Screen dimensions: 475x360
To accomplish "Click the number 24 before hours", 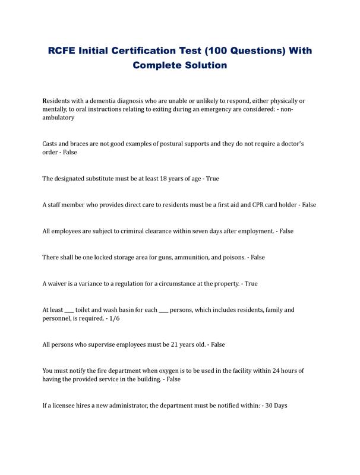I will coord(279,370).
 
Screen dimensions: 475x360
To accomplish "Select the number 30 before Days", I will coord(269,405).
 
